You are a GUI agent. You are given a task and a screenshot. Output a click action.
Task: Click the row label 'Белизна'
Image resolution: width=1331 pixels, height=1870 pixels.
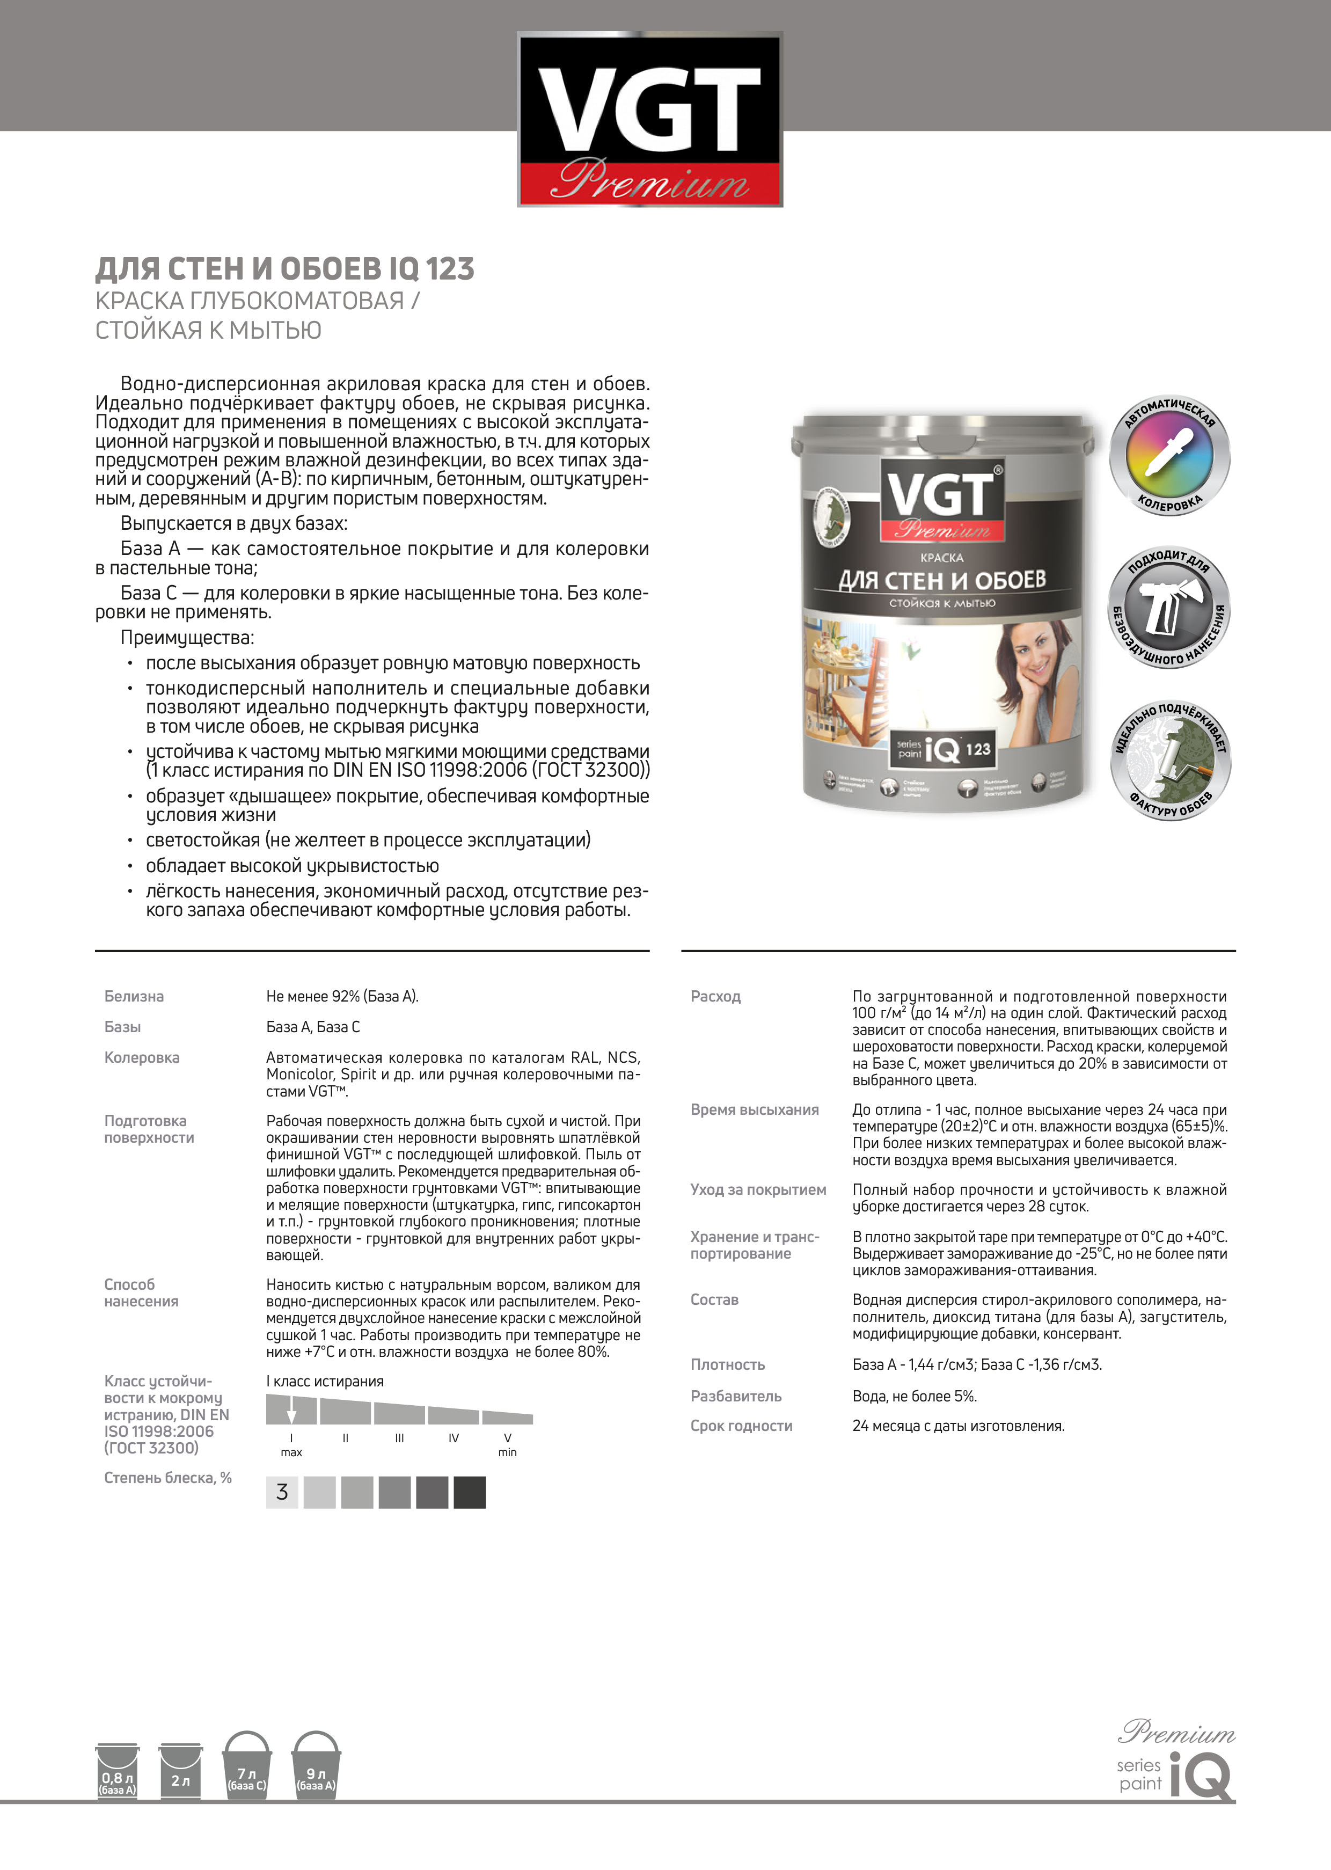tap(134, 997)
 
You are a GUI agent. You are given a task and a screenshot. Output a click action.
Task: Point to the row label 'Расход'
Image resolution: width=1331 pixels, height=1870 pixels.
tap(715, 997)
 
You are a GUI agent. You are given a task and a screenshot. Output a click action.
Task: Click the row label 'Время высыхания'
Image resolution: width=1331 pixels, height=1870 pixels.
tap(754, 1109)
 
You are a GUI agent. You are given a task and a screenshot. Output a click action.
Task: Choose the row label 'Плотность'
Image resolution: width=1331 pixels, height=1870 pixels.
tap(727, 1364)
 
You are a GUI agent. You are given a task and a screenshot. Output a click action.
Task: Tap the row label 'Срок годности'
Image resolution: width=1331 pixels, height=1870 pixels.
tap(741, 1426)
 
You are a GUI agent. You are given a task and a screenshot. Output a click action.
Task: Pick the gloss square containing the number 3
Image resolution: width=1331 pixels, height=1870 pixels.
tap(282, 1492)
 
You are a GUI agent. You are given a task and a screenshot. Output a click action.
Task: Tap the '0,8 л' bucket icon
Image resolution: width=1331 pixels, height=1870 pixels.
tap(117, 1772)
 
